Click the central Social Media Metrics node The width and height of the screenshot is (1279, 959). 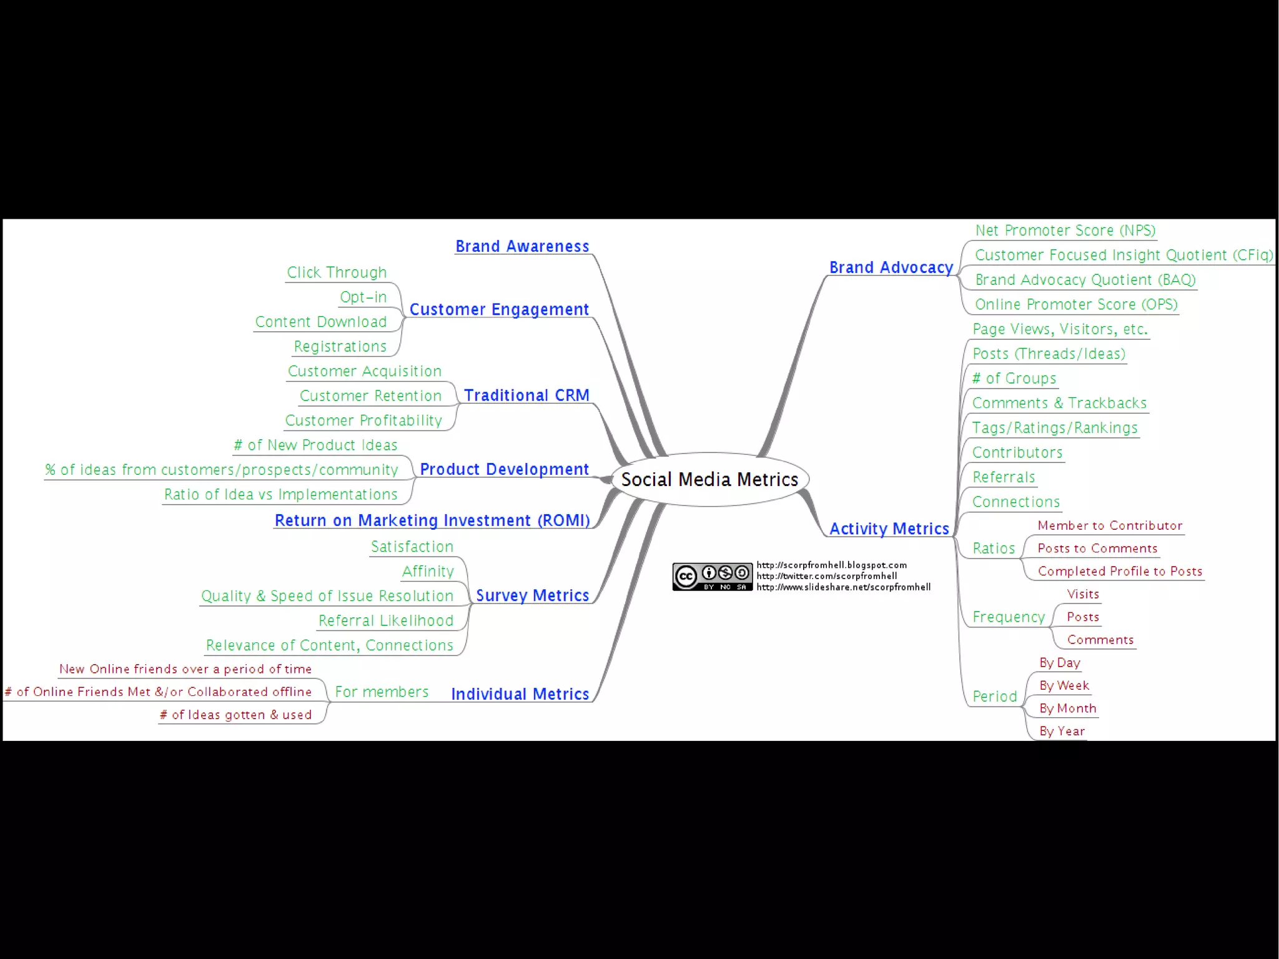(709, 479)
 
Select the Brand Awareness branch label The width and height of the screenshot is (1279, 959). (522, 247)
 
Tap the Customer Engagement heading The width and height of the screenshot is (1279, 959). (499, 310)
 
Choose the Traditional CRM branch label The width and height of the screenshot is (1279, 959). (526, 395)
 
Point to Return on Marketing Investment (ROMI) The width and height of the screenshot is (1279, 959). (432, 520)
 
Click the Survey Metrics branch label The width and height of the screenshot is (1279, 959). (532, 595)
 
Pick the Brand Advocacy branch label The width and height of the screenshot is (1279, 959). (891, 268)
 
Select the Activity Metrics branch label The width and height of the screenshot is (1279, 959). (889, 529)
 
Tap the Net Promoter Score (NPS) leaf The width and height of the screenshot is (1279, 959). (1065, 231)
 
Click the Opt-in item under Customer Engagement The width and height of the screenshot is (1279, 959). (363, 297)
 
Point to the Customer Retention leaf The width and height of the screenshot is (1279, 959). (370, 396)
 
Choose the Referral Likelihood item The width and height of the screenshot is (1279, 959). (385, 620)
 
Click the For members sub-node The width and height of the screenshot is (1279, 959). (382, 692)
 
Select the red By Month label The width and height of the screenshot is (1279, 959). (1067, 708)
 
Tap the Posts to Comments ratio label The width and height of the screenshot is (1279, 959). (1097, 549)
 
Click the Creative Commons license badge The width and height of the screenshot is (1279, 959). (712, 577)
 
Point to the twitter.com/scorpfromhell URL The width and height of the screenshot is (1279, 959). (826, 576)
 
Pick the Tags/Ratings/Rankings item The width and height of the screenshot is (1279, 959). (1055, 428)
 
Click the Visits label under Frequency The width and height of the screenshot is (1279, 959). (1083, 594)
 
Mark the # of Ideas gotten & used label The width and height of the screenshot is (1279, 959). (235, 715)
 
